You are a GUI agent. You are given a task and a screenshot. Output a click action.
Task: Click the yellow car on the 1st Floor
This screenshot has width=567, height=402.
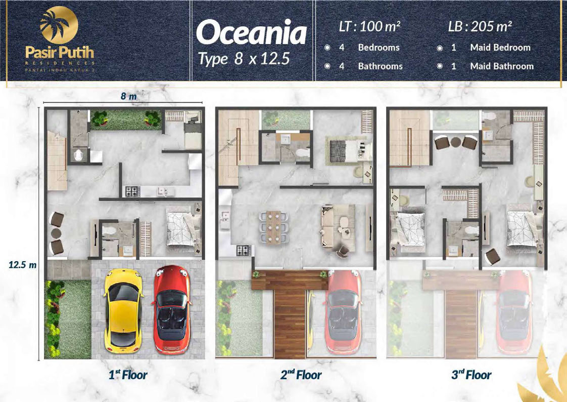pyautogui.click(x=123, y=311)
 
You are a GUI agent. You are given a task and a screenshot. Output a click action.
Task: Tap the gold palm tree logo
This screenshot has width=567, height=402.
pyautogui.click(x=59, y=25)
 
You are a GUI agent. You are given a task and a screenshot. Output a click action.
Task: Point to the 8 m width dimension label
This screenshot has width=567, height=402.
pyautogui.click(x=129, y=96)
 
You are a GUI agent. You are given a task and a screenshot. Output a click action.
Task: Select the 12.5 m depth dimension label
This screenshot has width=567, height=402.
pyautogui.click(x=22, y=265)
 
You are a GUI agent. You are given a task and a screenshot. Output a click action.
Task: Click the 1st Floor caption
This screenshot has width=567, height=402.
pyautogui.click(x=128, y=375)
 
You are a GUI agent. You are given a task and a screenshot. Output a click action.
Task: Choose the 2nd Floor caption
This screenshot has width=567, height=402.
pyautogui.click(x=301, y=375)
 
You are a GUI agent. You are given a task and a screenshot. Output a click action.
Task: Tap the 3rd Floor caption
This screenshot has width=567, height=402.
pyautogui.click(x=471, y=375)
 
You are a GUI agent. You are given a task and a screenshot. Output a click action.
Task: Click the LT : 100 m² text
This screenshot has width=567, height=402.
pyautogui.click(x=369, y=26)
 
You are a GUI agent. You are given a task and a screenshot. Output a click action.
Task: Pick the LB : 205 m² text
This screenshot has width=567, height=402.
pyautogui.click(x=480, y=26)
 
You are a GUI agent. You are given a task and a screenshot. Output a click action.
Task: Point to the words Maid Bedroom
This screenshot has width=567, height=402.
pyautogui.click(x=500, y=48)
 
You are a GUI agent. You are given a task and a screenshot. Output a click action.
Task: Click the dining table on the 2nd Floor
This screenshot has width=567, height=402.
pyautogui.click(x=274, y=227)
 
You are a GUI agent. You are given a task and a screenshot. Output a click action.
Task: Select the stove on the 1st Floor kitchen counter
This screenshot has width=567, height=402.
pyautogui.click(x=132, y=191)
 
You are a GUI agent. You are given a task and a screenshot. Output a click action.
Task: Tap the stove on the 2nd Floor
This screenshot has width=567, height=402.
pyautogui.click(x=244, y=250)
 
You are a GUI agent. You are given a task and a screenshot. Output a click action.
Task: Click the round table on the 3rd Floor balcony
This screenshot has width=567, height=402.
pyautogui.click(x=456, y=142)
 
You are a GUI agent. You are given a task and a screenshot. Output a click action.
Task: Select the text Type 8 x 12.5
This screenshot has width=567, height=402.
pyautogui.click(x=244, y=59)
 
